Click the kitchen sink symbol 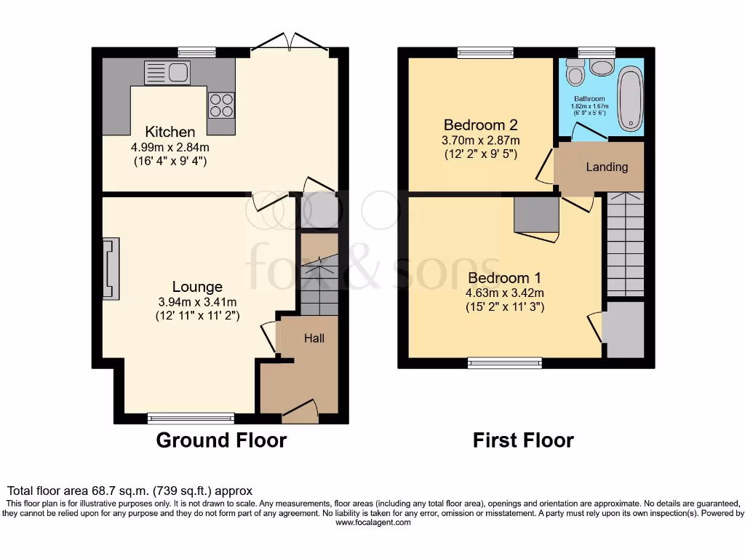(167, 73)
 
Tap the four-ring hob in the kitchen (221, 106)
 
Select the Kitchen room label (170, 132)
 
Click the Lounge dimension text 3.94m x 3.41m (197, 302)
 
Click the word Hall (314, 338)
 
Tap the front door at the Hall (300, 413)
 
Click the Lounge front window (191, 418)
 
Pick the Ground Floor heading (221, 440)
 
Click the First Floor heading (523, 440)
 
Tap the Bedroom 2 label (480, 124)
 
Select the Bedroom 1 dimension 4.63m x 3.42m (505, 293)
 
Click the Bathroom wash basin (601, 68)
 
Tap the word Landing (607, 167)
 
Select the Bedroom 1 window (504, 362)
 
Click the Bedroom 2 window (486, 52)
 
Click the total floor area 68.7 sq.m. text (130, 491)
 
